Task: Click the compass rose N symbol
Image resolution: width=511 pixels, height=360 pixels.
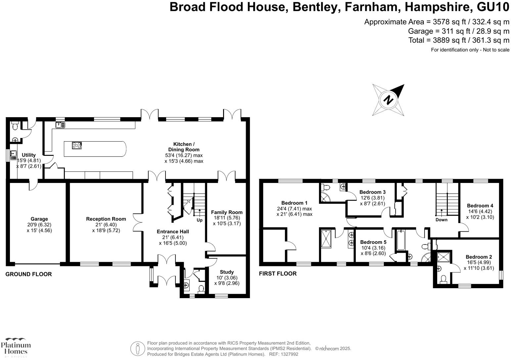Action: [x=389, y=99]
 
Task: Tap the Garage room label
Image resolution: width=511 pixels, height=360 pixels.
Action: [x=39, y=219]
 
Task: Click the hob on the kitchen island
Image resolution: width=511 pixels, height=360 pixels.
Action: [x=77, y=145]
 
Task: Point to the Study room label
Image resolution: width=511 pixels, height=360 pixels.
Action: [x=227, y=272]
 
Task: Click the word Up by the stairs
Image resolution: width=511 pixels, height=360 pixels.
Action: [x=200, y=220]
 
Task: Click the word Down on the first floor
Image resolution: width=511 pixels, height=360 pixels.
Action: [x=441, y=220]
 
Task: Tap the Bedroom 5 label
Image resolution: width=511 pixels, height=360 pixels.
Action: [x=373, y=242]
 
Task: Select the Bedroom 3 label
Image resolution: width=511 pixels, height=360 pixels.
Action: [x=372, y=192]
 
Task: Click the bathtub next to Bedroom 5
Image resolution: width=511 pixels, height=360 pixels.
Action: [x=400, y=240]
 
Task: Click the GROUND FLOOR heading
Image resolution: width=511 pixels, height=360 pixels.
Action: [x=28, y=274]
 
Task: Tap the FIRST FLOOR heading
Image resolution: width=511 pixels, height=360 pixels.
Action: [x=278, y=273]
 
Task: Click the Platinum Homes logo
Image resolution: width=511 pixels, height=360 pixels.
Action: [x=16, y=347]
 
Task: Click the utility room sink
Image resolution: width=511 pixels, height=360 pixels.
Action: [x=13, y=155]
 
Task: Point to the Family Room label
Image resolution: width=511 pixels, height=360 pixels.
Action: [x=227, y=212]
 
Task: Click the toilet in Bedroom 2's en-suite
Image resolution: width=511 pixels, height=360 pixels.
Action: [x=443, y=279]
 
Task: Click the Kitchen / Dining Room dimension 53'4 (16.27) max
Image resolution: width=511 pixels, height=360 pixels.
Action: [x=184, y=155]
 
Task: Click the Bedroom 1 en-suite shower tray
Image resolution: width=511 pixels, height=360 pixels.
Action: [x=326, y=239]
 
